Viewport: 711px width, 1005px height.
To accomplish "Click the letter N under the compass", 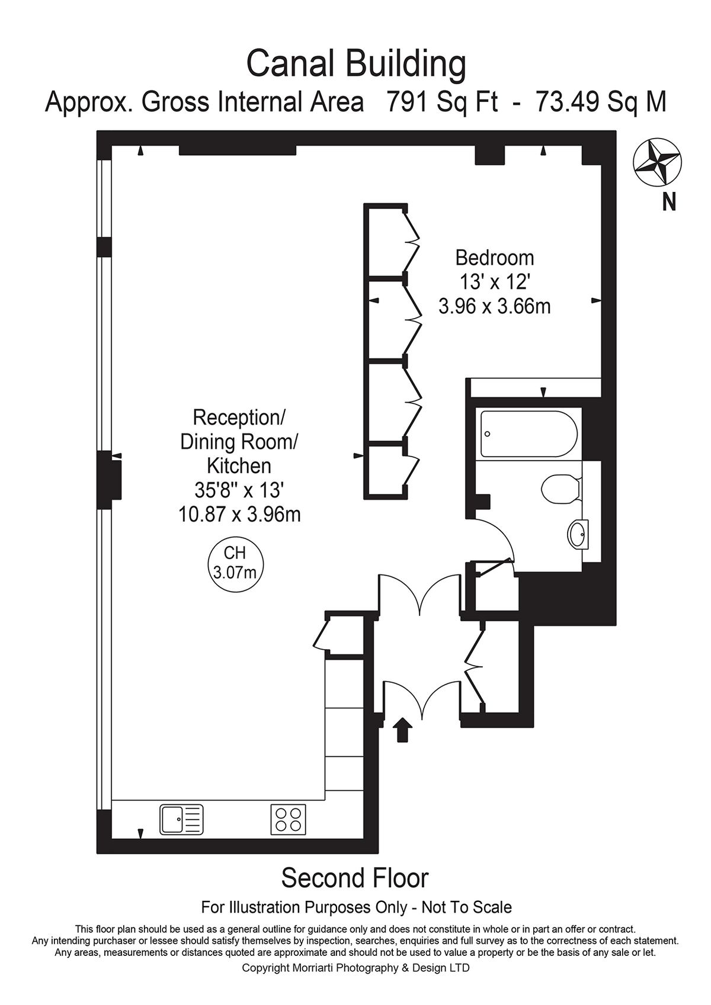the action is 669,202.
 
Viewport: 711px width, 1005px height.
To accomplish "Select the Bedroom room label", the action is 495,258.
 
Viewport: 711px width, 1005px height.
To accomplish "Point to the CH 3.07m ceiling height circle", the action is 236,564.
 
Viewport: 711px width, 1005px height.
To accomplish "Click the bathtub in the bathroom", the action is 529,434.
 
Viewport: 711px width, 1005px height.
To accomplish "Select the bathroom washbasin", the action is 578,534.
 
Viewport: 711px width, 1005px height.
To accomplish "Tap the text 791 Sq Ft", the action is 443,103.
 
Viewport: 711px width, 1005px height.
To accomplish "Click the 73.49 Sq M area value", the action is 601,103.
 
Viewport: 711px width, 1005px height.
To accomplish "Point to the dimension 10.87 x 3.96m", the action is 239,515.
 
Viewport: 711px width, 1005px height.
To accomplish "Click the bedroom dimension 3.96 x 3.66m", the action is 495,307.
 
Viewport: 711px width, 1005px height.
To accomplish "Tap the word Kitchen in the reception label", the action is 239,466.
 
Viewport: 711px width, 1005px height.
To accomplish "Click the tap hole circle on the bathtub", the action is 487,434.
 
